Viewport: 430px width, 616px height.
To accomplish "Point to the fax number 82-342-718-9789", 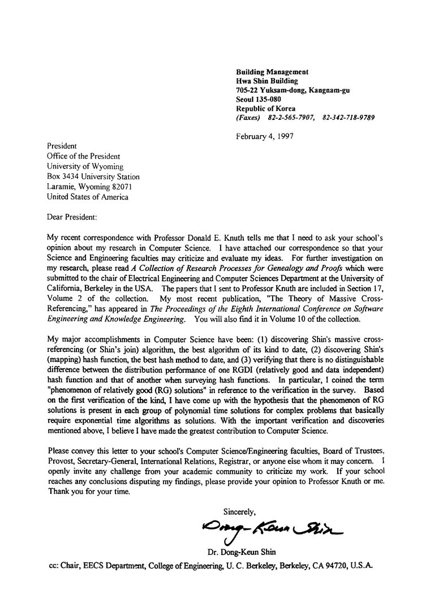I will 349,118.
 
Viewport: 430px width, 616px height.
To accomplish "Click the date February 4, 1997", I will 265,136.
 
